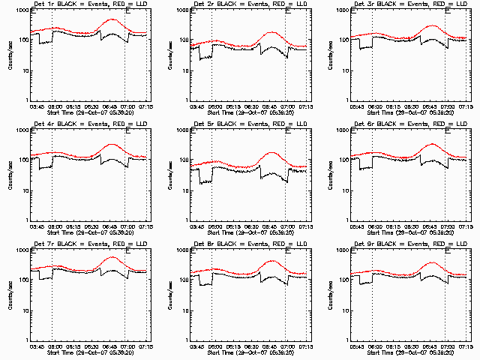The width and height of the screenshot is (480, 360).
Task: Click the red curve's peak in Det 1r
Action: point(112,19)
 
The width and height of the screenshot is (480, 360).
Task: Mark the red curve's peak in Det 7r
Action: point(112,257)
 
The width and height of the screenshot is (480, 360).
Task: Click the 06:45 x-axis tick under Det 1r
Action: point(109,106)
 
